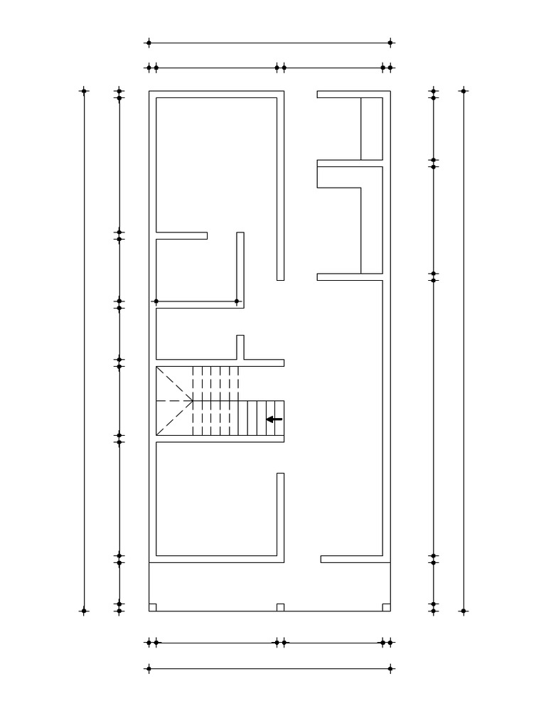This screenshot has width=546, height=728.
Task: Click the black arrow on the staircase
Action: coord(274,419)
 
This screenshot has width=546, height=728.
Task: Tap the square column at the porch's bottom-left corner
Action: coord(153,607)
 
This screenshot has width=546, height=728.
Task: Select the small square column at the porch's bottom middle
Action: coord(280,607)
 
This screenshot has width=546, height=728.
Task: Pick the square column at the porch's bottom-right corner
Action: coord(386,607)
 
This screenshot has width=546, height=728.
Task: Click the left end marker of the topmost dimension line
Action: coord(149,43)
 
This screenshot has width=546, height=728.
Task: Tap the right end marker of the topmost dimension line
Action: coord(390,43)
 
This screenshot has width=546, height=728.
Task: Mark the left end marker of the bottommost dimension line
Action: coord(149,668)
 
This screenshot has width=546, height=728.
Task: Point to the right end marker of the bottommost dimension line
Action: coord(390,668)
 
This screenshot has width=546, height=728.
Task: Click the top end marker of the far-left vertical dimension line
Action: coord(84,90)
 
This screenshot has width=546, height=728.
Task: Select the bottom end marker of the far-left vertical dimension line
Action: coord(84,611)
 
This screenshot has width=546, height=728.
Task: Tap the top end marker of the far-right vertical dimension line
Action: coord(464,90)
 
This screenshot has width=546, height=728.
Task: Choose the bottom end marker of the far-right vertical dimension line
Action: coord(464,611)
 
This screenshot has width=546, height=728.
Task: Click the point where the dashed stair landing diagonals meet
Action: coord(193,401)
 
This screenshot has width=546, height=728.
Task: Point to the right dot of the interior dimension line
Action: coord(237,301)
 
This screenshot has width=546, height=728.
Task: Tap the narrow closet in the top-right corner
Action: coord(372,129)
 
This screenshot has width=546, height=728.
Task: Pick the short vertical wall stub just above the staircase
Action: coord(240,347)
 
